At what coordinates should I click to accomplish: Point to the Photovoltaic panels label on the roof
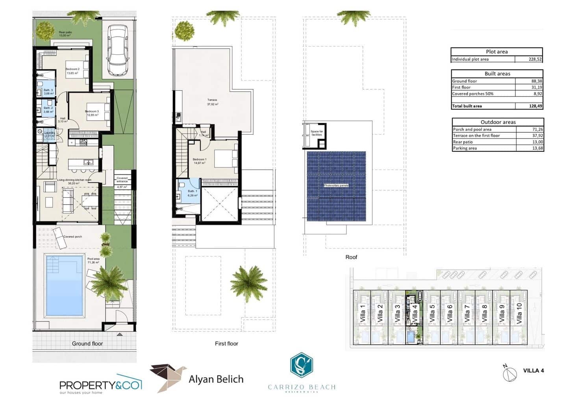tap(336, 185)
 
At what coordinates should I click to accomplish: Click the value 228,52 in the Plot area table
tap(535, 59)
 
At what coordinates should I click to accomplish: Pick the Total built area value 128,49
tap(535, 106)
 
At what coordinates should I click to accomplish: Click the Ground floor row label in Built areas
tap(464, 81)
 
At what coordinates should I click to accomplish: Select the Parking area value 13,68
tap(537, 148)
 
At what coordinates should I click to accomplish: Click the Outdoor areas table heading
tap(498, 122)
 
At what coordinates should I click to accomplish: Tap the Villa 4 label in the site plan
tap(414, 313)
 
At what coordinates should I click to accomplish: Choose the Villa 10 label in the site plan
tap(519, 313)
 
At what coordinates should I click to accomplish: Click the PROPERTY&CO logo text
tap(100, 385)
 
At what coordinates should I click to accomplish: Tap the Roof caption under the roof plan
tap(351, 257)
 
